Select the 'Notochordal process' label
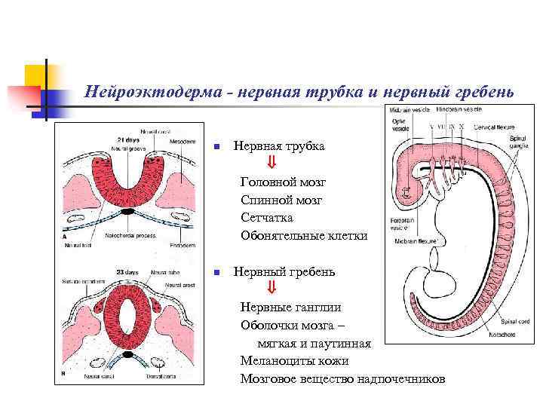pos(131,235)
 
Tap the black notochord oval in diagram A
pos(128,213)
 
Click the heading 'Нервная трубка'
pos(279,146)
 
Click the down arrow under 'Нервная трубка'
pos(271,164)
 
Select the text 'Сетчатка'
pos(267,218)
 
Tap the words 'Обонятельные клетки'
pos(304,236)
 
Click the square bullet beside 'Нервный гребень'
pos(216,272)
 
